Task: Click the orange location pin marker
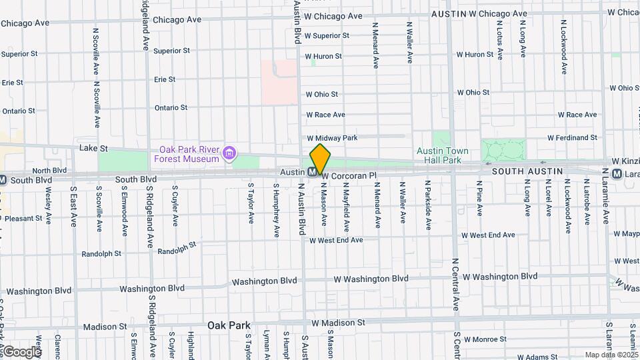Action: (320, 159)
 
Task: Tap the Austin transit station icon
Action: (312, 172)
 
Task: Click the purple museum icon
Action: (229, 155)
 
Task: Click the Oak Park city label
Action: (229, 325)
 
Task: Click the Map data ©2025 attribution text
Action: (611, 355)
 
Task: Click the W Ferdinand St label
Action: (572, 138)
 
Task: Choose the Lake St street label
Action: (93, 147)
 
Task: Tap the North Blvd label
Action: (50, 170)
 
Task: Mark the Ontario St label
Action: (171, 107)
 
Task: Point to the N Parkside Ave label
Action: (427, 198)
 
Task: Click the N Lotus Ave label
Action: (499, 39)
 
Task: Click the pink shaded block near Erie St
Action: (279, 82)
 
